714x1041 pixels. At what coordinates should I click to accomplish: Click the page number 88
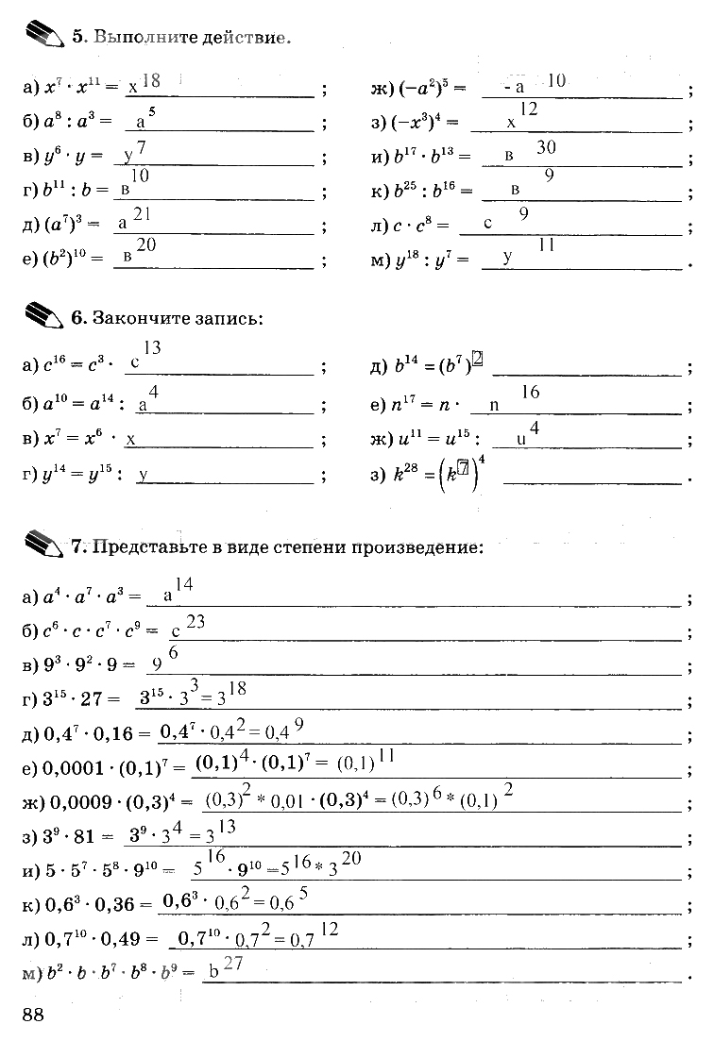[x=32, y=1014]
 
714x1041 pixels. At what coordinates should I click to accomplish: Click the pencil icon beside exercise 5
[x=42, y=36]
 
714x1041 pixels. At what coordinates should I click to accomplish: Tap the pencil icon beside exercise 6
[x=42, y=315]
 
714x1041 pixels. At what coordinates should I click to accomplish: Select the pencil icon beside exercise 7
[x=42, y=544]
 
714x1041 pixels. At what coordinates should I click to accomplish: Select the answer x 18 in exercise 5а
[x=144, y=84]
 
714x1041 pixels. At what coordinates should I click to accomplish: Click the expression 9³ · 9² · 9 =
[x=79, y=665]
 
